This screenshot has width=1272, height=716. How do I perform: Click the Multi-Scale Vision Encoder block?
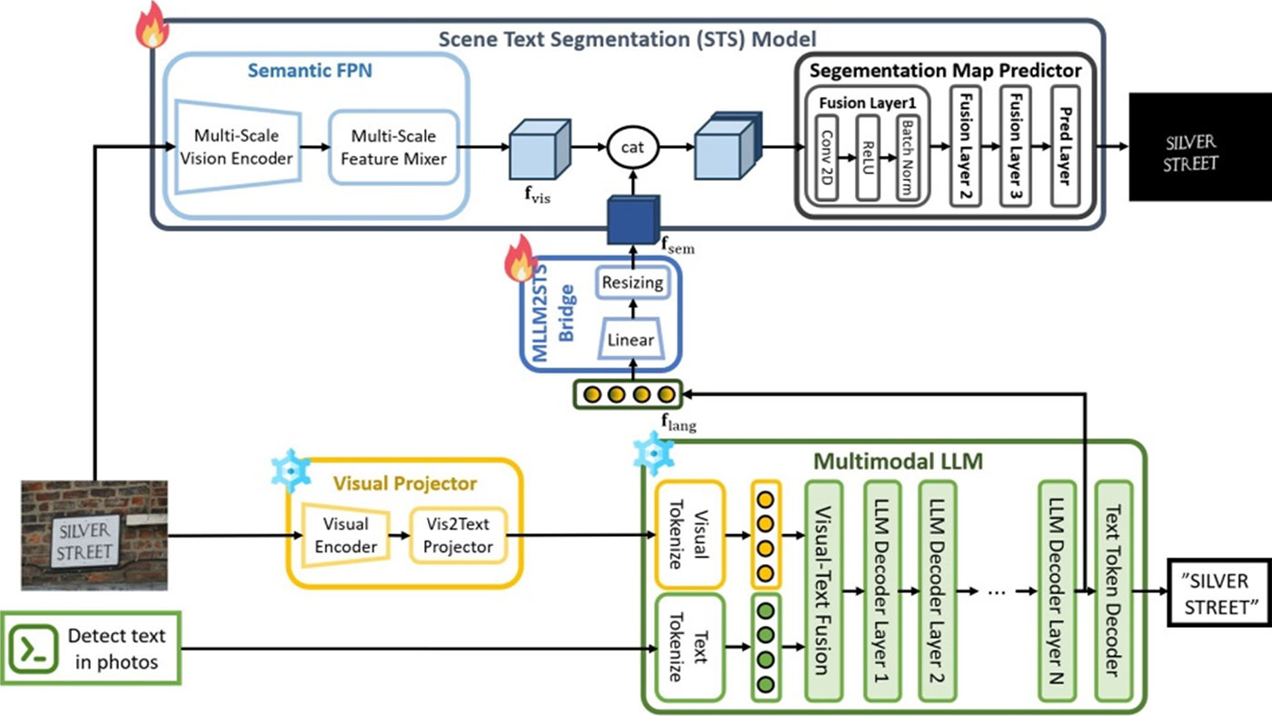[x=236, y=146]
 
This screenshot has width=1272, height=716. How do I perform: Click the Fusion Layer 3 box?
[x=1015, y=146]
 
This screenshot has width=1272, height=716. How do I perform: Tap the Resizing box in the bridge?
[x=632, y=283]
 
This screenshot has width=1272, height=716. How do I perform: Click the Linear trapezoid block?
[x=631, y=339]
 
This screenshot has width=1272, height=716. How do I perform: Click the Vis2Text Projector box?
[x=457, y=534]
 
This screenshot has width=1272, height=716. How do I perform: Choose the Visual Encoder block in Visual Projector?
[x=345, y=534]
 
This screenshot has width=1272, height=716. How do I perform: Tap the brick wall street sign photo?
[x=94, y=535]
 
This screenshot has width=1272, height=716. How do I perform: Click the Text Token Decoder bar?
[x=1111, y=591]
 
